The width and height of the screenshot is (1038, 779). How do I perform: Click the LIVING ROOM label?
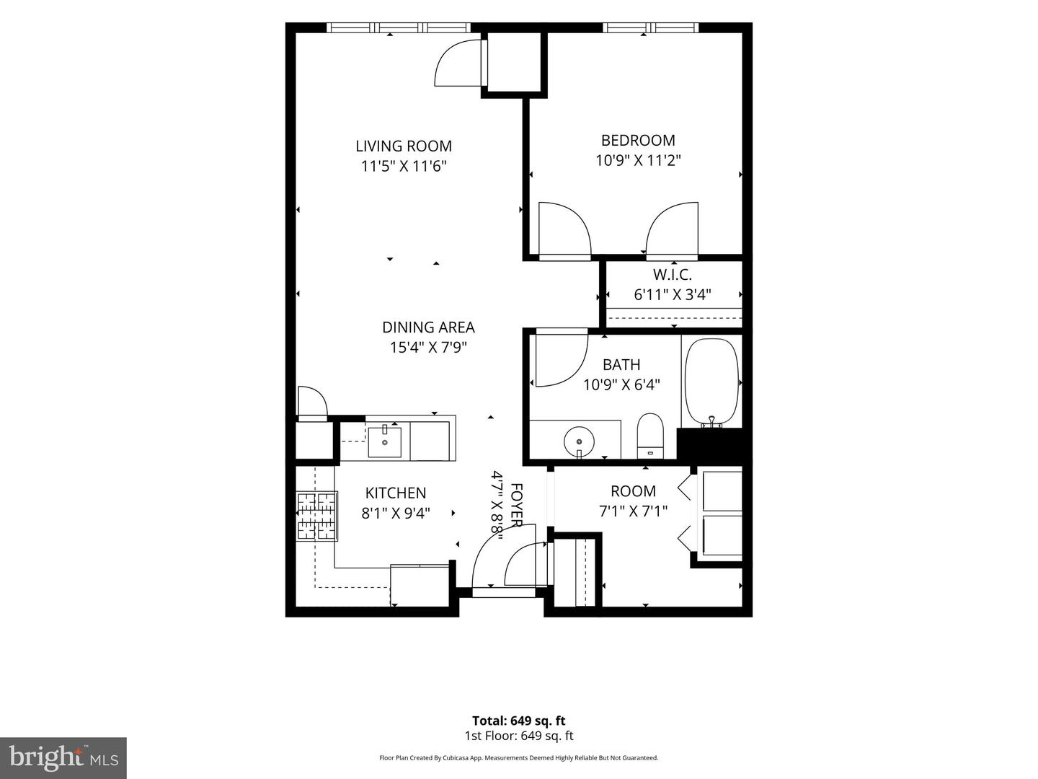(404, 146)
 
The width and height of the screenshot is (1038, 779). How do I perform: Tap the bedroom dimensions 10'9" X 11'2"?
(638, 161)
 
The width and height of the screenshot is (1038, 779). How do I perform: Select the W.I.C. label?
(673, 274)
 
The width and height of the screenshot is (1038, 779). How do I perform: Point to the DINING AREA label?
(428, 327)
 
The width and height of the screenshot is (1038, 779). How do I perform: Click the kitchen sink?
(384, 441)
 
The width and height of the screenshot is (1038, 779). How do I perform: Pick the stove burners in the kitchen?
(317, 516)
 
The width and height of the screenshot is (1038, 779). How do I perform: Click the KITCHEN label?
(396, 493)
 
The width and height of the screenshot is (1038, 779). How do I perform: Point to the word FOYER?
(516, 506)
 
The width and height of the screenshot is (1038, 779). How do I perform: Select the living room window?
(399, 27)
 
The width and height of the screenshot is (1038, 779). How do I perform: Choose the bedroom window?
(651, 27)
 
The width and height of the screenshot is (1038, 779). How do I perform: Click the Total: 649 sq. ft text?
(519, 721)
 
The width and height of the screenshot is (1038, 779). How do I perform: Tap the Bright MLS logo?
(63, 758)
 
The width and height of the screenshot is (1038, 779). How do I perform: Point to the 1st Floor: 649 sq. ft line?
(519, 736)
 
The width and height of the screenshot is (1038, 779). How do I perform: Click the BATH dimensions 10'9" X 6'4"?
(621, 384)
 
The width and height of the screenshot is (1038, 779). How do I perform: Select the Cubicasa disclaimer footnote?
(519, 757)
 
